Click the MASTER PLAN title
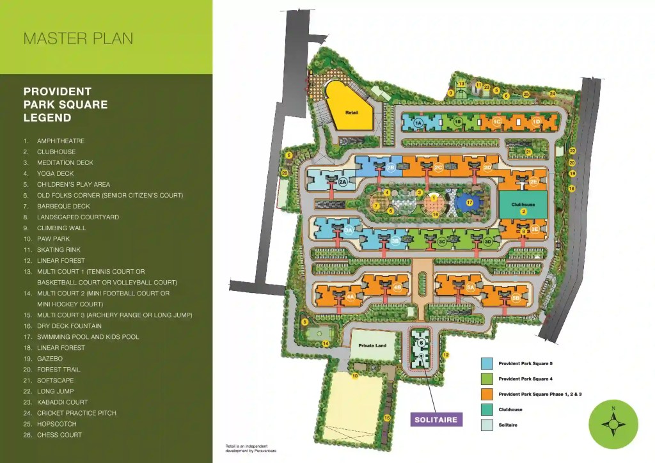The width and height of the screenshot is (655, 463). click(78, 38)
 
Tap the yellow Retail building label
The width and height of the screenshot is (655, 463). click(351, 113)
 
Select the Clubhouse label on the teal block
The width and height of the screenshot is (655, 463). click(523, 205)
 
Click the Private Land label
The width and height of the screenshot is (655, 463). click(372, 346)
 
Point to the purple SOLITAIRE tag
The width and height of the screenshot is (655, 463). click(435, 420)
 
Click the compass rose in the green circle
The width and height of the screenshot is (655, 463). click(613, 424)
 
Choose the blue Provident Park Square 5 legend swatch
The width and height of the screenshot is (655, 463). click(487, 363)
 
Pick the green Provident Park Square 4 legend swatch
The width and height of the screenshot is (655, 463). click(487, 379)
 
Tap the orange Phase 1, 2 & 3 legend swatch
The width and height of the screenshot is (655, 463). click(487, 394)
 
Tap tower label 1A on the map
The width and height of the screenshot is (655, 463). click(418, 122)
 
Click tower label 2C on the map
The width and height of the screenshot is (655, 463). click(438, 168)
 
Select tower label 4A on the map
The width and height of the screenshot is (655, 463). click(350, 297)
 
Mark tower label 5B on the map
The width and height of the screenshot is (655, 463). click(516, 298)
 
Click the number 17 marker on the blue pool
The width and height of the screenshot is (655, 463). click(470, 203)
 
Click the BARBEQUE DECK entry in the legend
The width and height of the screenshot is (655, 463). click(63, 206)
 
